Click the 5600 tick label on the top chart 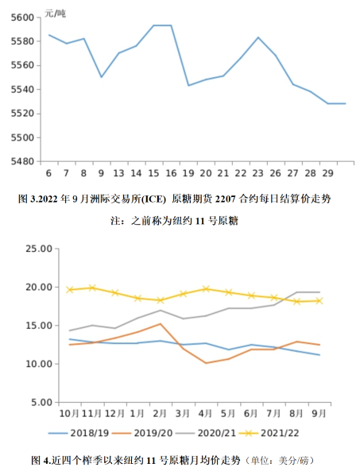[22, 17]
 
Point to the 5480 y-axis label [22, 161]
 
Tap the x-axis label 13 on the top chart [118, 173]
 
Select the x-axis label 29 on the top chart [328, 173]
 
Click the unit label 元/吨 [55, 14]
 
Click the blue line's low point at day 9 [101, 77]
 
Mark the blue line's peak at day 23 [258, 37]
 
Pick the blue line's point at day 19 [188, 86]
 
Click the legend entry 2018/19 [79, 433]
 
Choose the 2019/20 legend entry [142, 433]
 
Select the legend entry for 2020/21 [206, 433]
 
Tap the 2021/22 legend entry [269, 433]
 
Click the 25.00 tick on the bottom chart [39, 249]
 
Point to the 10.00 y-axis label [39, 364]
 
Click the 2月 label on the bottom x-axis [160, 414]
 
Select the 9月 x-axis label [319, 414]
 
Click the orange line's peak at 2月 [161, 324]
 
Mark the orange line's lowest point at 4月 [206, 363]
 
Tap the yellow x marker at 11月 [92, 288]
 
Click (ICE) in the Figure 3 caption [154, 199]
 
